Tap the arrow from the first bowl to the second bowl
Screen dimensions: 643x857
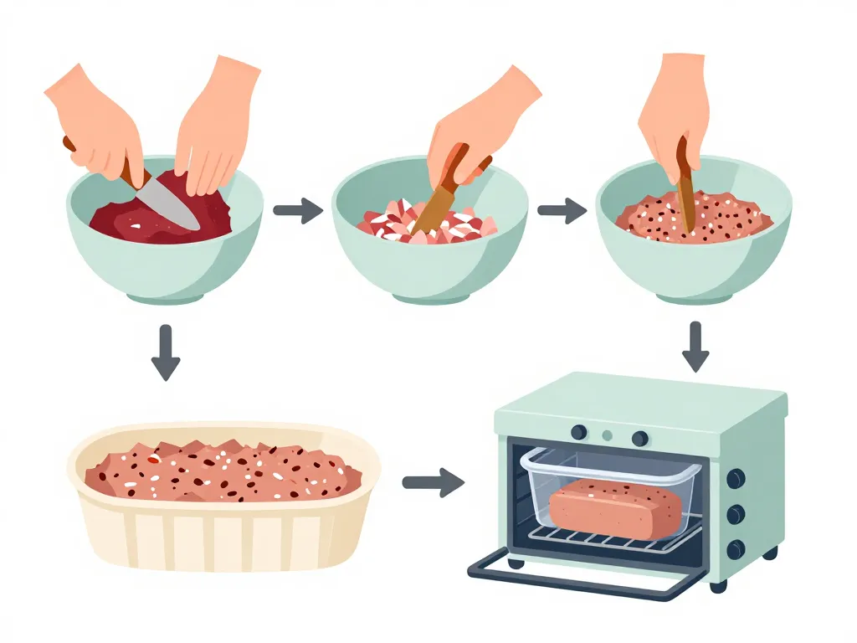pos(298,210)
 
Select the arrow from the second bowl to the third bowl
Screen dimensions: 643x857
pos(562,210)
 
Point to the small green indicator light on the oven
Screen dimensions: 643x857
pos(608,435)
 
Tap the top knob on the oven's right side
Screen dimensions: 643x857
pos(736,478)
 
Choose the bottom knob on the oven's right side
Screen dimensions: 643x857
pos(736,549)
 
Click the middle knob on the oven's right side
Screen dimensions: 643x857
pos(736,514)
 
